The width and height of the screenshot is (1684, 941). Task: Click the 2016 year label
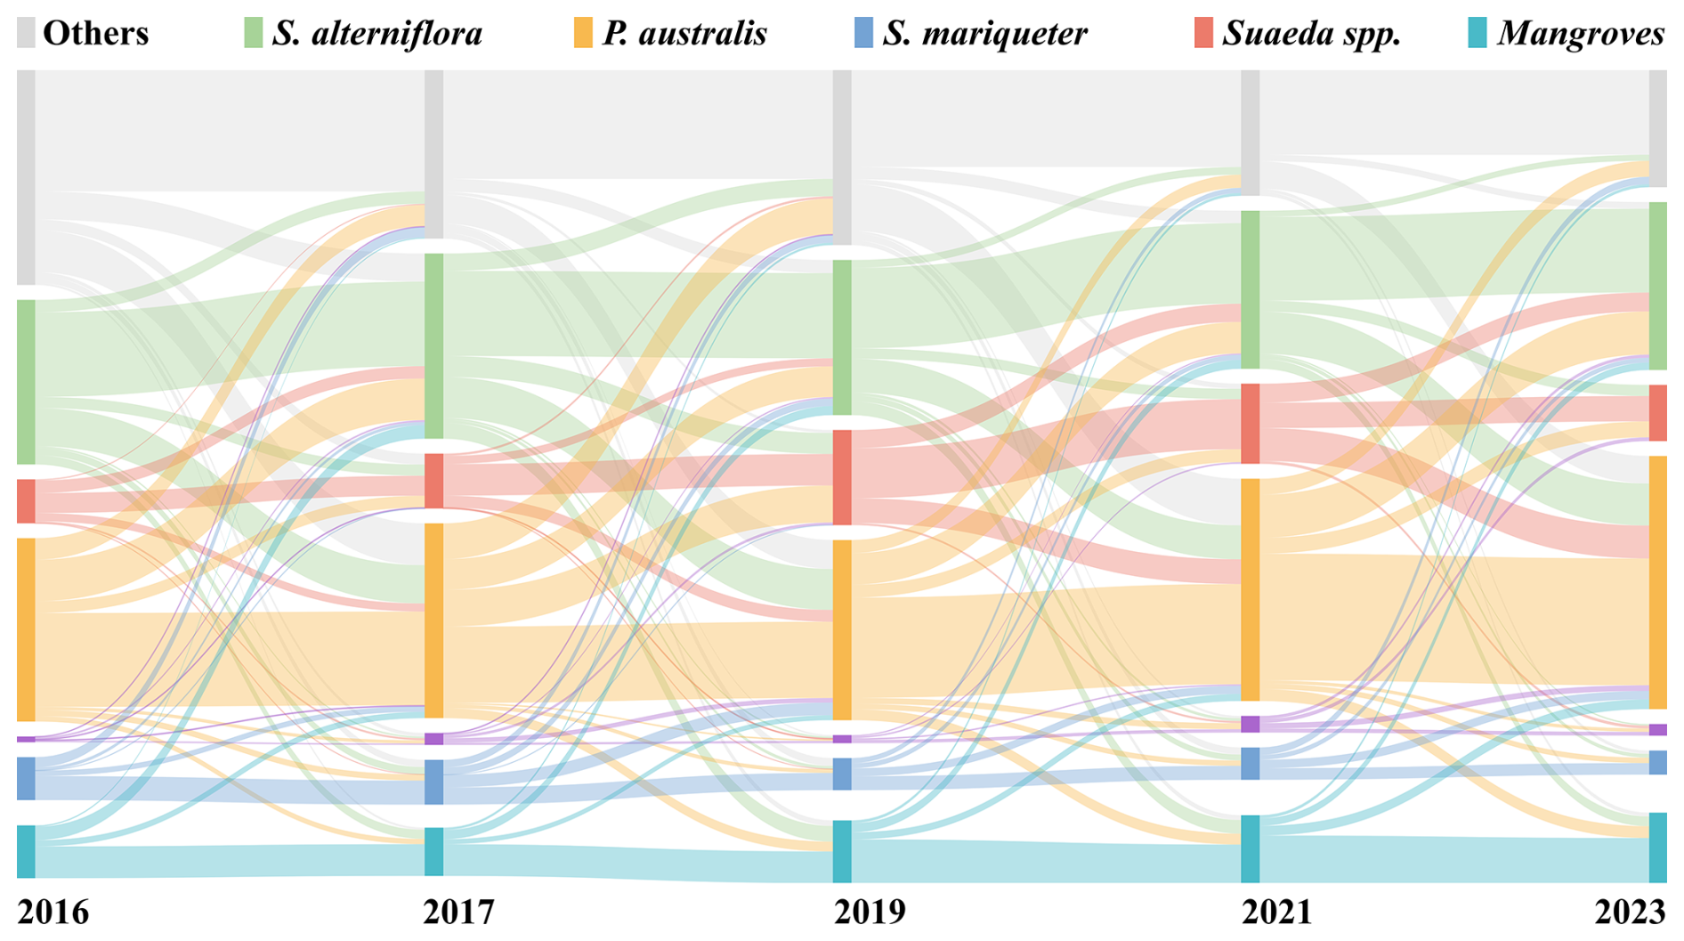pos(53,913)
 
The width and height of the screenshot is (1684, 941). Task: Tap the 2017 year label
pos(458,913)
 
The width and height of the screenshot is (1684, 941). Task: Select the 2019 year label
pos(869,913)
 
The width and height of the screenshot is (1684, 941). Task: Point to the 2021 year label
pos(1276,913)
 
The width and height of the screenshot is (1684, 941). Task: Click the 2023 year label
pos(1630,913)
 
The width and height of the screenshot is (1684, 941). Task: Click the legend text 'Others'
pos(95,34)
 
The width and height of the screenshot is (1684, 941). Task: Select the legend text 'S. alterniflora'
pos(377,34)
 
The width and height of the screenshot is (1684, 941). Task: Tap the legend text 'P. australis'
pos(684,34)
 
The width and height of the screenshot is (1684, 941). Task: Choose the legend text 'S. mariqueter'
pos(984,34)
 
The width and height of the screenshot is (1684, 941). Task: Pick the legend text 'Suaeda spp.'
pos(1312,34)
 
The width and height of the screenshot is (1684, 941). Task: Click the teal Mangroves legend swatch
pos(1477,33)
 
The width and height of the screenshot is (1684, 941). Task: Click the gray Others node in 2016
pos(27,177)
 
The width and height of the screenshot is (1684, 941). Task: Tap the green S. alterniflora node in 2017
pos(433,345)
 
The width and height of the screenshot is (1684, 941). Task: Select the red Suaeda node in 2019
pos(842,478)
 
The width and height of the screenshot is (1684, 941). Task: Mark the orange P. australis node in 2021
pos(1251,589)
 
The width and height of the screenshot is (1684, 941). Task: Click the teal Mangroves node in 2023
pos(1657,847)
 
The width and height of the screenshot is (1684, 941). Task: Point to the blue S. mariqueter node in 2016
pos(27,778)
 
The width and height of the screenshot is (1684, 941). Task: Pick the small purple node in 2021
pos(1251,724)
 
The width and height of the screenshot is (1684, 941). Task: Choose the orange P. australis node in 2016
pos(27,629)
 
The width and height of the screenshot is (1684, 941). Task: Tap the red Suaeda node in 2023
pos(1657,413)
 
